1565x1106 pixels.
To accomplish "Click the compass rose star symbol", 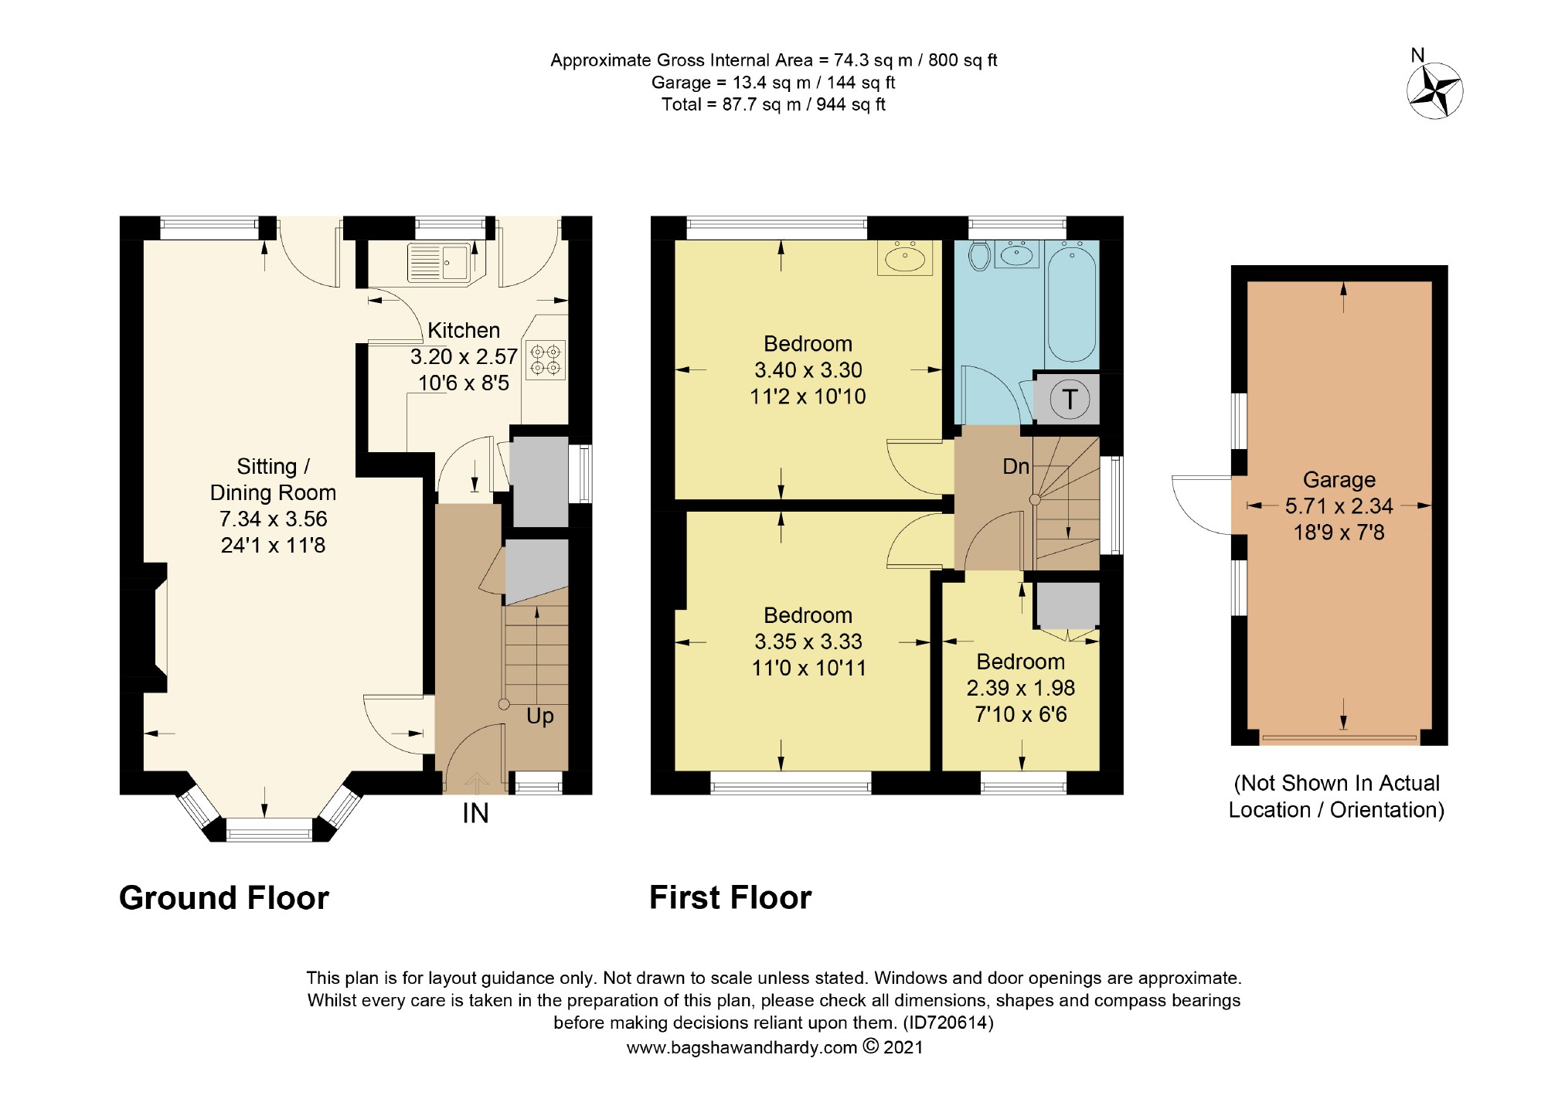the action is click(1434, 91).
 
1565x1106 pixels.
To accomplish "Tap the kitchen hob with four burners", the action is click(546, 360).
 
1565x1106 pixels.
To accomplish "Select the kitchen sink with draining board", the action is click(438, 262).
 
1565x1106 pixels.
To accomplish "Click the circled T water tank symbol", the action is click(1070, 400).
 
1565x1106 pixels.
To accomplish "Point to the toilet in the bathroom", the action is click(980, 256).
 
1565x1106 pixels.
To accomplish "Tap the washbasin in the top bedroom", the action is click(905, 257).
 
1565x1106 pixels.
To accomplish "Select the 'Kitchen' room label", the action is click(464, 330).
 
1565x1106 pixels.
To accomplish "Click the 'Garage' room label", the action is click(1339, 480).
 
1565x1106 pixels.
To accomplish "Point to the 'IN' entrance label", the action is click(475, 813).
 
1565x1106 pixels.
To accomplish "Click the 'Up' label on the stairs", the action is click(540, 716).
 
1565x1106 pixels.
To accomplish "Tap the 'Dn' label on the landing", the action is click(1016, 466).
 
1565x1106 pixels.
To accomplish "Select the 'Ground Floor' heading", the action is click(224, 898).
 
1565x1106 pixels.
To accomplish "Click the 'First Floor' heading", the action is click(730, 898).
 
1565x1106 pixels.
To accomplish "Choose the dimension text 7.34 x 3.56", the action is click(274, 519).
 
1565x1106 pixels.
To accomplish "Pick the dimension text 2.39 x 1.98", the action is click(1021, 688).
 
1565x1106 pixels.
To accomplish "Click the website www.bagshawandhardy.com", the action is click(742, 1047).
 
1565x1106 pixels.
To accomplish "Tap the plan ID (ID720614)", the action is click(948, 1023).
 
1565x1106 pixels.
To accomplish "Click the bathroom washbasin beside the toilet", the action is click(1016, 254).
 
